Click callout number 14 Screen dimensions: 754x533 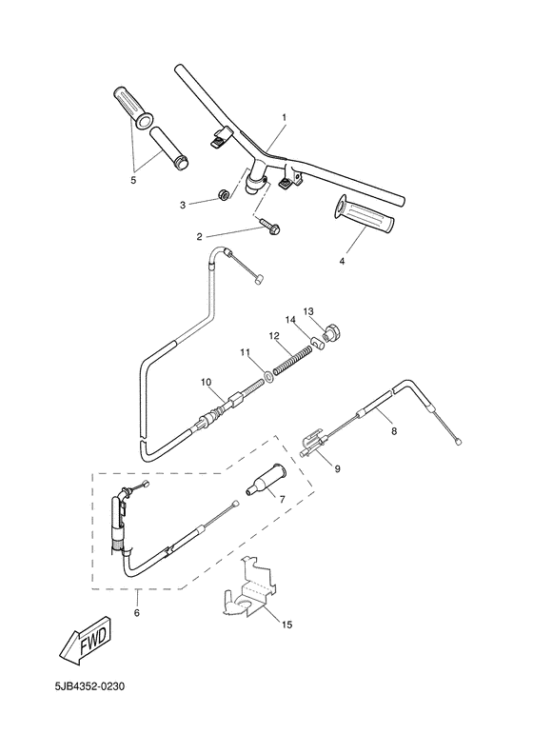(x=291, y=320)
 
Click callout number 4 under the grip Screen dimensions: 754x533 (x=342, y=260)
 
